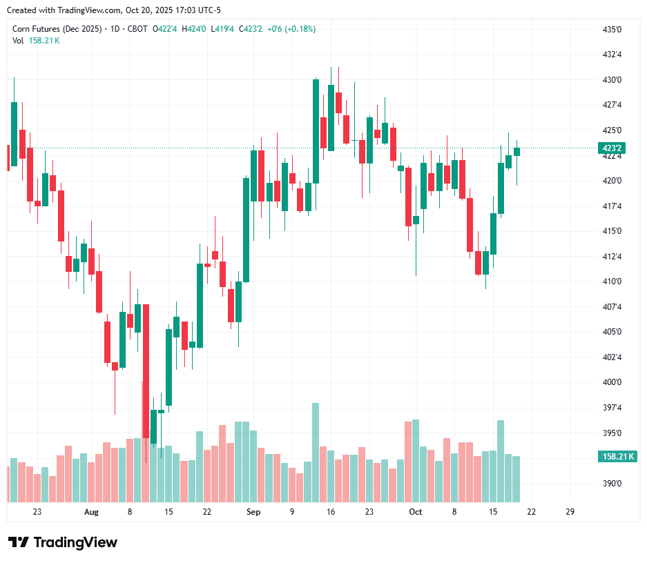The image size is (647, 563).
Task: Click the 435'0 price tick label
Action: (612, 30)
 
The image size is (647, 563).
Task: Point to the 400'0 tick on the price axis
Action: (612, 382)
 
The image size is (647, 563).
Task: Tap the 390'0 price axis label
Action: (612, 484)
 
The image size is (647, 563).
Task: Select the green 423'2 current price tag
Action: (612, 148)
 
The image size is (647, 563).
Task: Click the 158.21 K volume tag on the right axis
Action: (618, 456)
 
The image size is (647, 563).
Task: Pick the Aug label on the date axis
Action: (91, 512)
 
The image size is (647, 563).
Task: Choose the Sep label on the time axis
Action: (253, 512)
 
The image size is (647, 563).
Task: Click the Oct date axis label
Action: (415, 512)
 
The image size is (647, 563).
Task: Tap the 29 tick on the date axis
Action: (570, 512)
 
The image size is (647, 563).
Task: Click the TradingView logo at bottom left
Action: (62, 542)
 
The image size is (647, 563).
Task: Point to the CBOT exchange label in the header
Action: (137, 29)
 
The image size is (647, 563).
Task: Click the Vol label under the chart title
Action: (18, 40)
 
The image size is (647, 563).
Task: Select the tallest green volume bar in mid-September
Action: (316, 452)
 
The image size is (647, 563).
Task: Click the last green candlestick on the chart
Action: (516, 151)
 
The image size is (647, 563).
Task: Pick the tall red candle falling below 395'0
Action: (146, 373)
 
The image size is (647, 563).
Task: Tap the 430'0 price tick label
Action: (612, 80)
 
